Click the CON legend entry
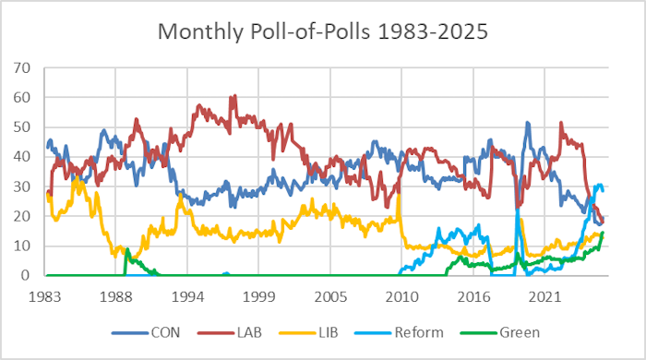pos(158,331)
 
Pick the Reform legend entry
pos(441,331)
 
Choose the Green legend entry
pos(540,331)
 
